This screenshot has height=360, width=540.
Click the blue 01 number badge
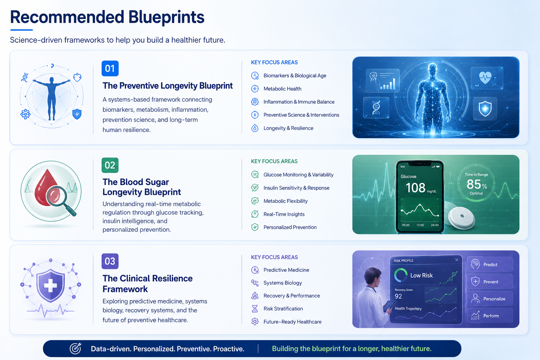click(x=110, y=69)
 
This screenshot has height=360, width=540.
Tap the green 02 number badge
click(x=110, y=165)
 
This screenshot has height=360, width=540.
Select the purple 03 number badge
click(x=110, y=261)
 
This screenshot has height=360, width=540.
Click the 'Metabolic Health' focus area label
click(x=282, y=89)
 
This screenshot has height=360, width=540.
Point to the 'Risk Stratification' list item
click(x=283, y=309)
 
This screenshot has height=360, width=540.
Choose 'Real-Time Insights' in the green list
click(x=284, y=214)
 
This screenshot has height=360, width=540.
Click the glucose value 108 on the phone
click(x=415, y=188)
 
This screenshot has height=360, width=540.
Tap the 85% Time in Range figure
click(x=477, y=185)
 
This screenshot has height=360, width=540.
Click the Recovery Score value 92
click(x=398, y=296)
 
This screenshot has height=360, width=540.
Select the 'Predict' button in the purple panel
click(x=490, y=264)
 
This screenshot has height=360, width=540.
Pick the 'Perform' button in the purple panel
click(x=490, y=316)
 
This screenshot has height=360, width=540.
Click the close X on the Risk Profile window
click(x=457, y=260)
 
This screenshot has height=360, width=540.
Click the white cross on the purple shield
click(x=50, y=286)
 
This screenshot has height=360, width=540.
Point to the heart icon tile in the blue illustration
click(x=487, y=78)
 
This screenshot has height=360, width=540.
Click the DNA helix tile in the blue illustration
click(x=376, y=108)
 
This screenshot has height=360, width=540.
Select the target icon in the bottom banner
click(x=76, y=348)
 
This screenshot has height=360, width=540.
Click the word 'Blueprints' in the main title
click(x=166, y=17)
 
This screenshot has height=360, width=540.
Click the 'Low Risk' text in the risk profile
click(x=422, y=275)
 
